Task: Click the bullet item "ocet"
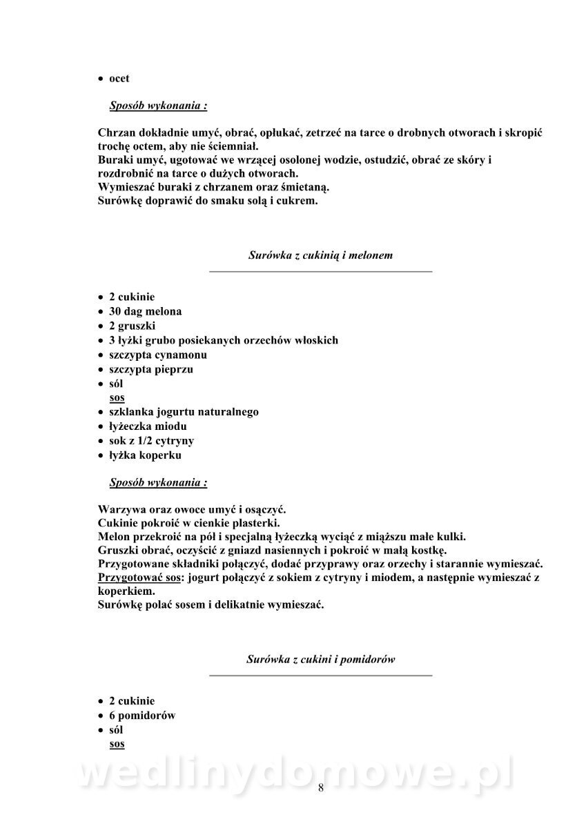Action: coord(119,79)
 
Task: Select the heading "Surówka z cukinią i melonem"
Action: coord(320,255)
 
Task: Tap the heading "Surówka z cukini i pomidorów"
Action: coord(320,659)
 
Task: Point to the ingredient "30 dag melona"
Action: coord(145,311)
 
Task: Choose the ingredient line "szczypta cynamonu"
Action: coord(158,355)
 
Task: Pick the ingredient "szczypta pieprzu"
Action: coord(151,369)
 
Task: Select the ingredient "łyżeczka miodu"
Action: coord(148,426)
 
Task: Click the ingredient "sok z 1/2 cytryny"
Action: coord(151,441)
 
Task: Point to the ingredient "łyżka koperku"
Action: coord(145,455)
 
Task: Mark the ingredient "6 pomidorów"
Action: coord(142,716)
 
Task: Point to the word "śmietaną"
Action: coord(305,187)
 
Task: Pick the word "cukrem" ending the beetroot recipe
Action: coord(297,201)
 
